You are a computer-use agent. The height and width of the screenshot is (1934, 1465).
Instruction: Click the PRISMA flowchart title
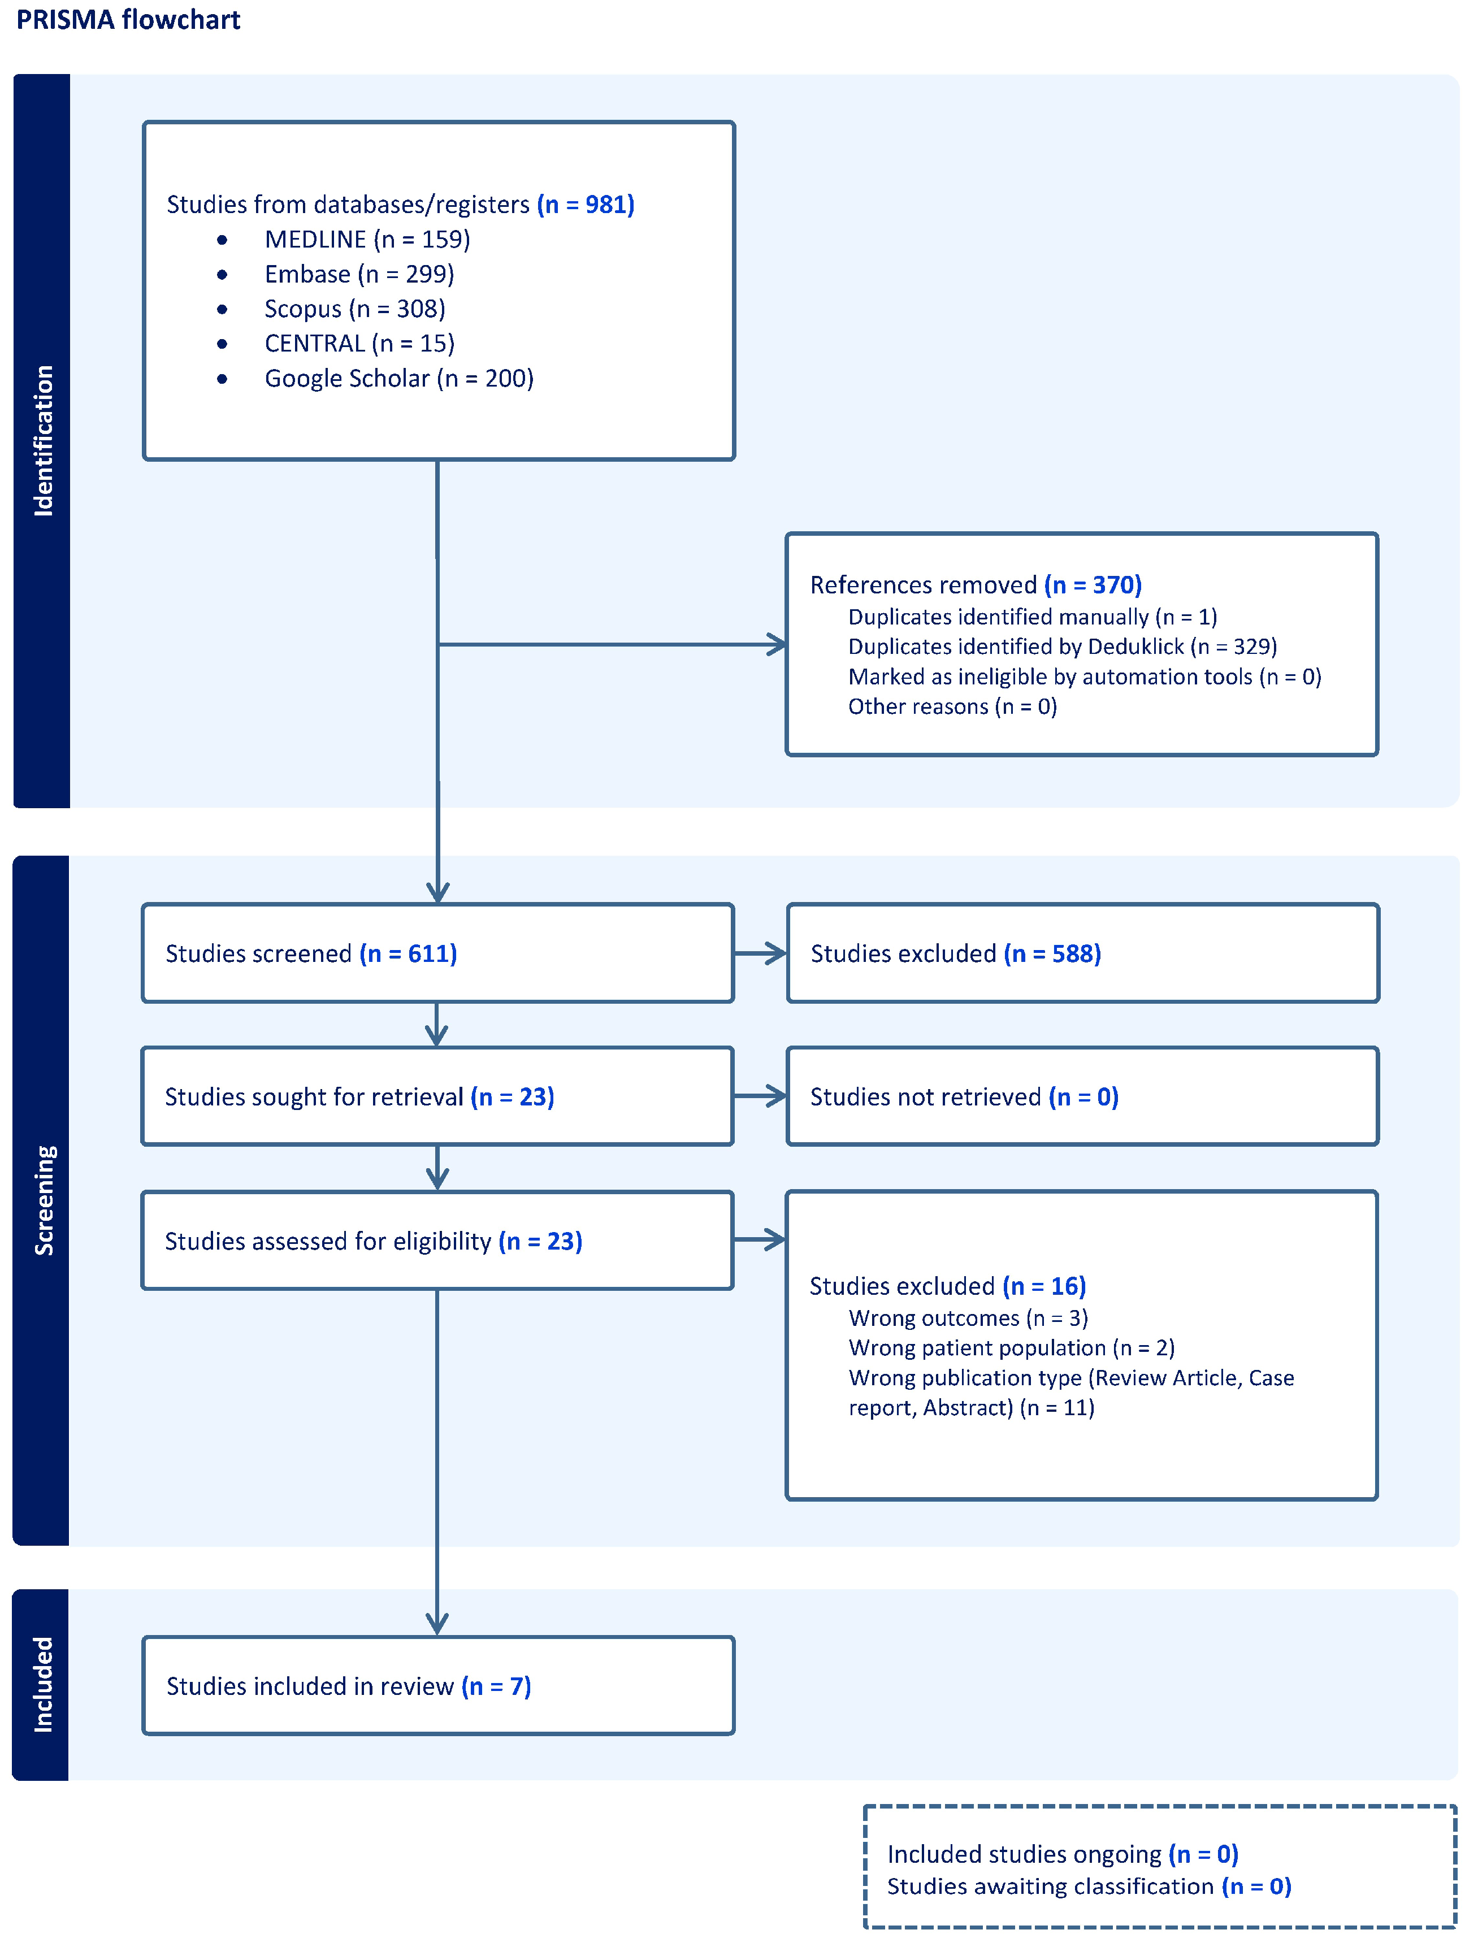point(128,19)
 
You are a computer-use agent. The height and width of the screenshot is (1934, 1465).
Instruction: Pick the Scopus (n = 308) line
point(354,309)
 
